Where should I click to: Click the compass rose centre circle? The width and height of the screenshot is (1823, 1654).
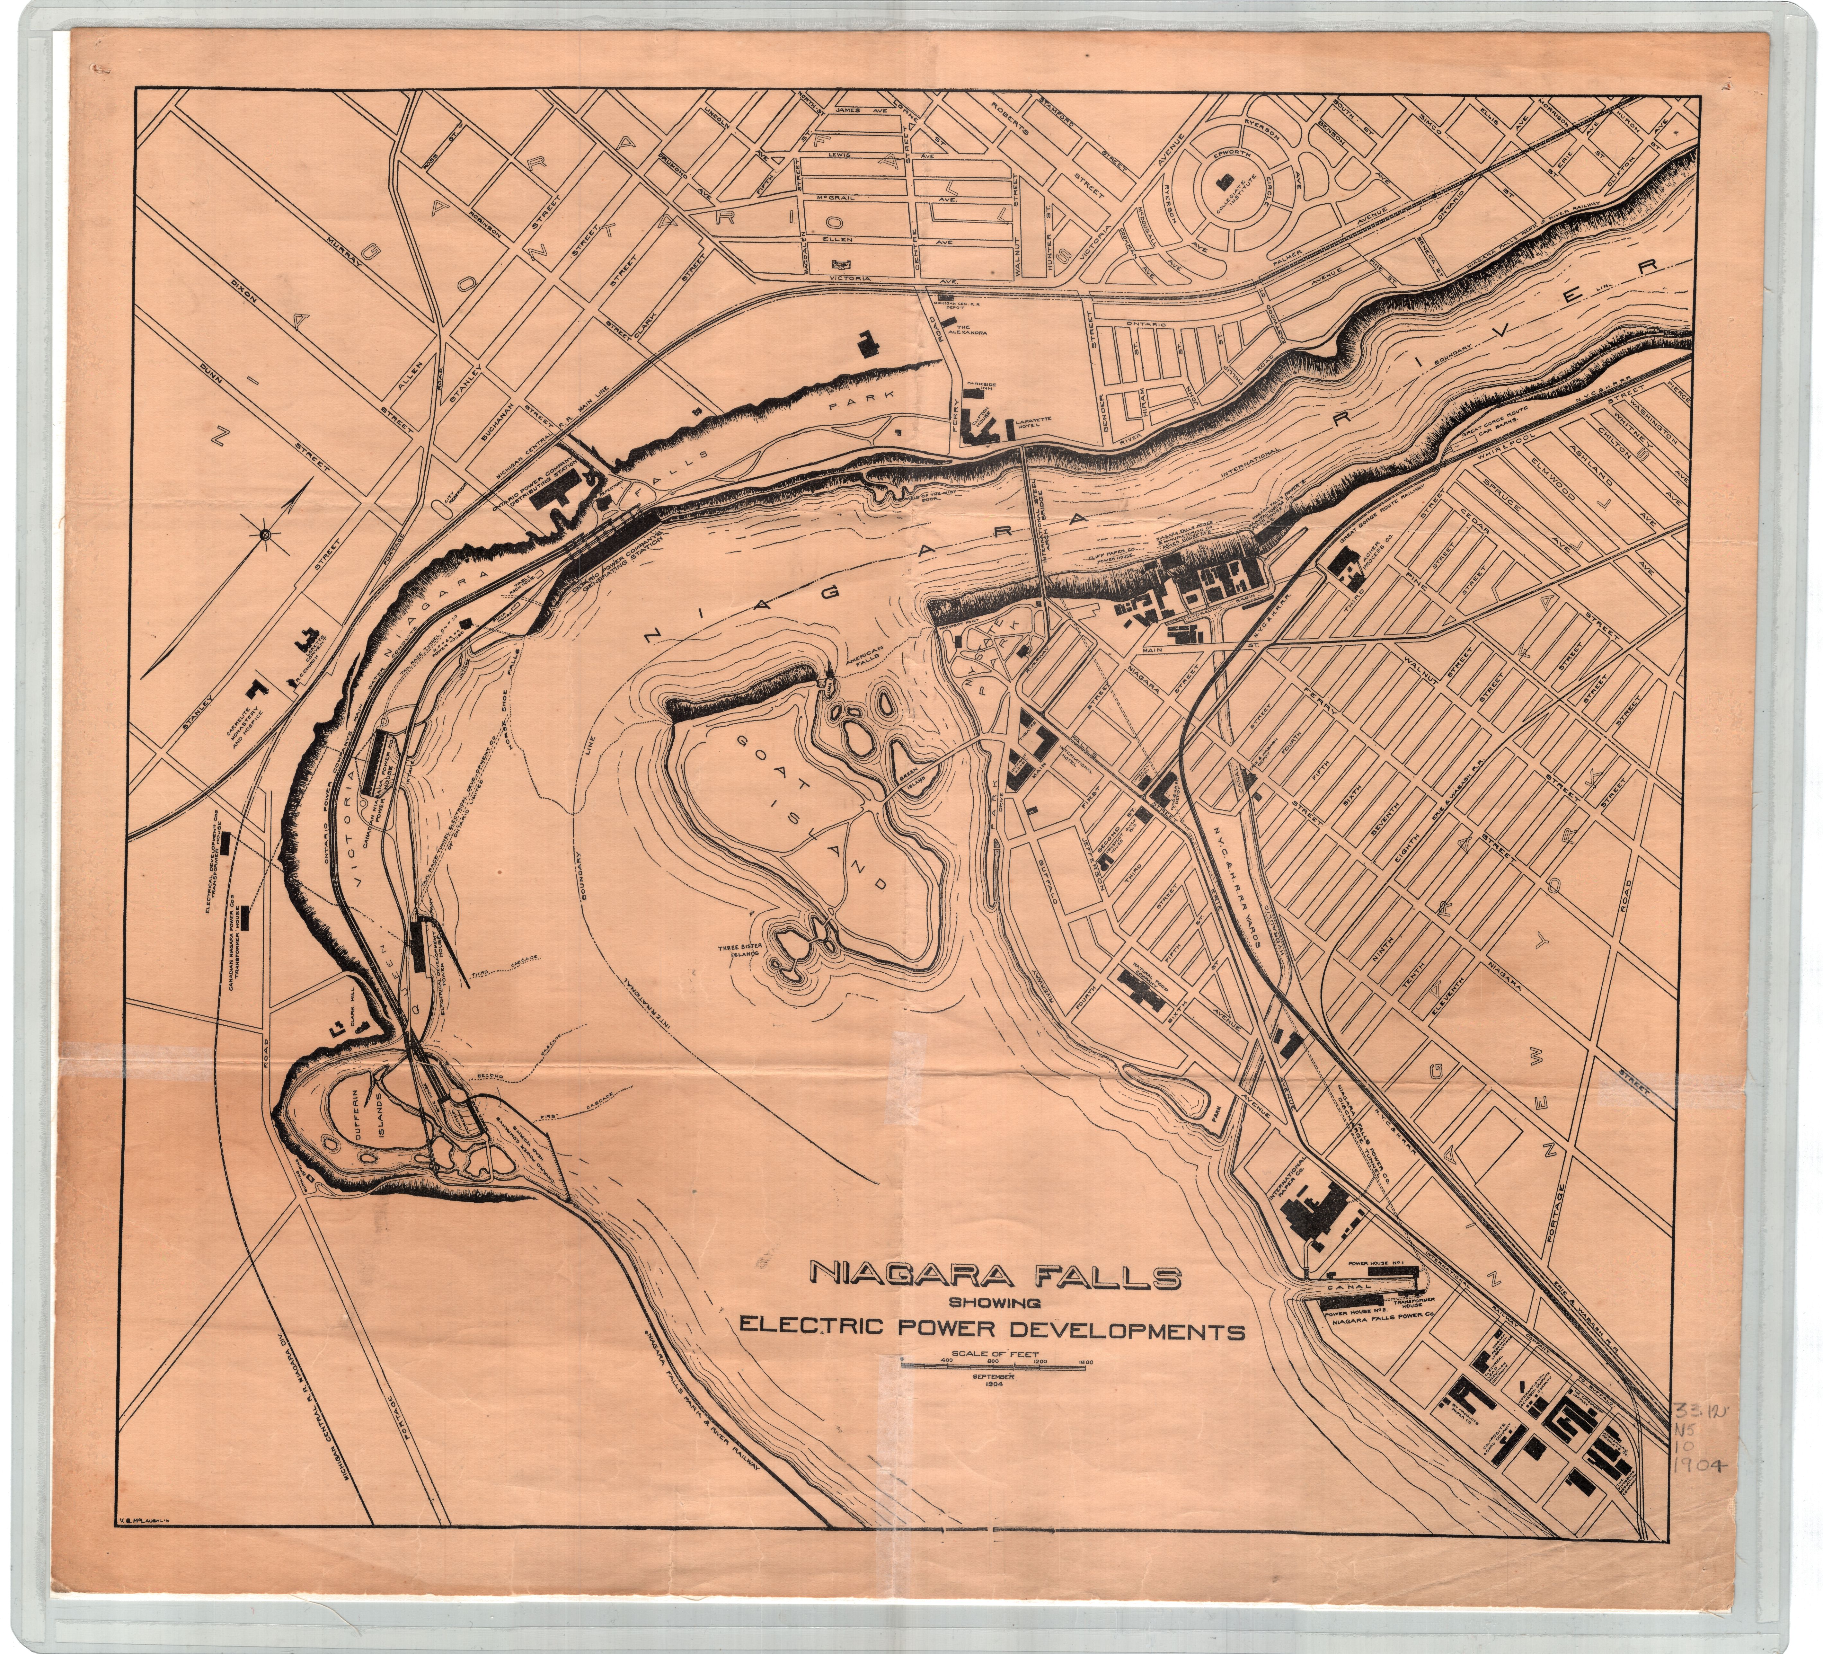pyautogui.click(x=265, y=536)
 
